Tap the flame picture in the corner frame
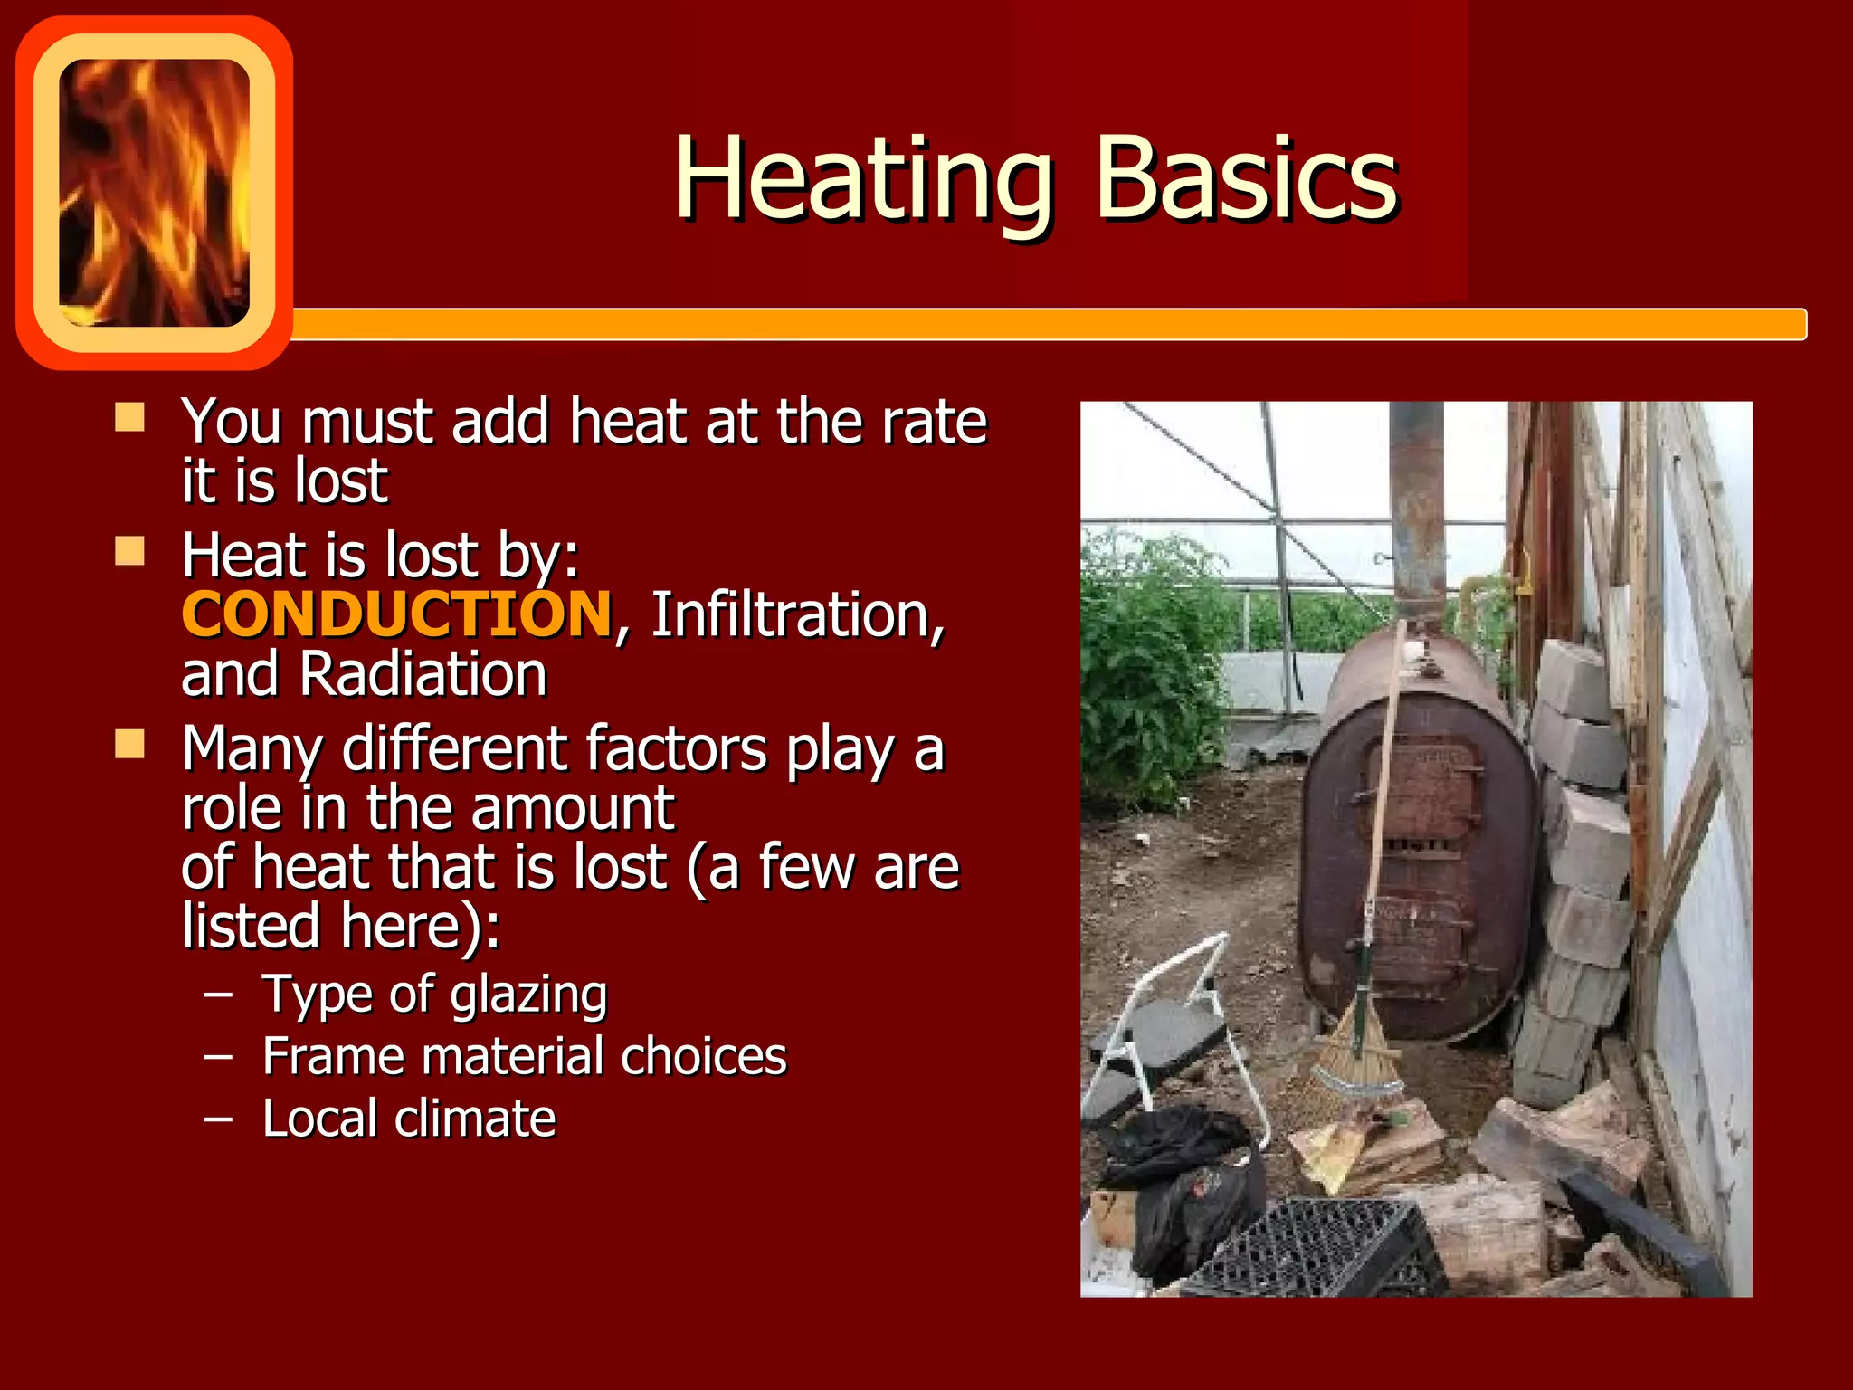[x=154, y=192]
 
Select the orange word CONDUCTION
[x=397, y=614]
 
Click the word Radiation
[x=423, y=674]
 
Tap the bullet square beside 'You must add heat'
[x=130, y=417]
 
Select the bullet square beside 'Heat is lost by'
[x=130, y=550]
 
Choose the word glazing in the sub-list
[x=528, y=995]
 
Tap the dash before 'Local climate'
[x=218, y=1119]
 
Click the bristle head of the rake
[x=1354, y=1050]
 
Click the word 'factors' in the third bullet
[x=677, y=749]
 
